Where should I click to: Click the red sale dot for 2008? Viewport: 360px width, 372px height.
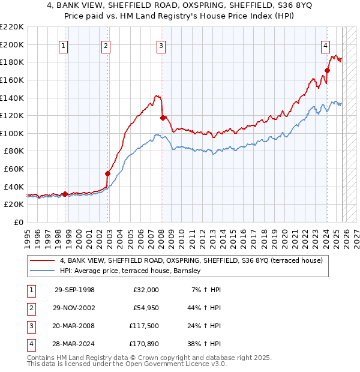(163, 118)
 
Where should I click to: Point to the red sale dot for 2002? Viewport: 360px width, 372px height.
(108, 174)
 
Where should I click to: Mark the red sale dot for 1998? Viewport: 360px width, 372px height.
(65, 194)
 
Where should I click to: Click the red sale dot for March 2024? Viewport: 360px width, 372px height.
(327, 70)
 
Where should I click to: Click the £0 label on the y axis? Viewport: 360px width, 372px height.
(18, 223)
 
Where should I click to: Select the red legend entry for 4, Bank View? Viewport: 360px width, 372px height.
(191, 260)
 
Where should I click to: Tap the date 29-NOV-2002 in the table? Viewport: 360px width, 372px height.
(74, 308)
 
